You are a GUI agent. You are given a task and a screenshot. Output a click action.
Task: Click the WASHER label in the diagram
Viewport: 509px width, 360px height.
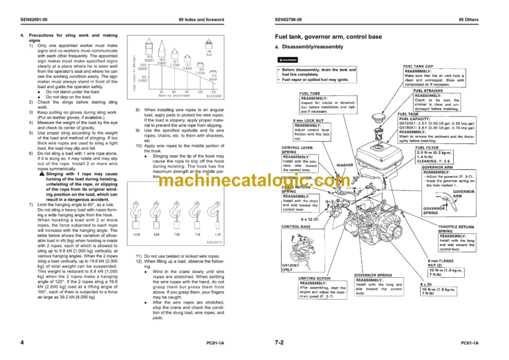tap(363, 164)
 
